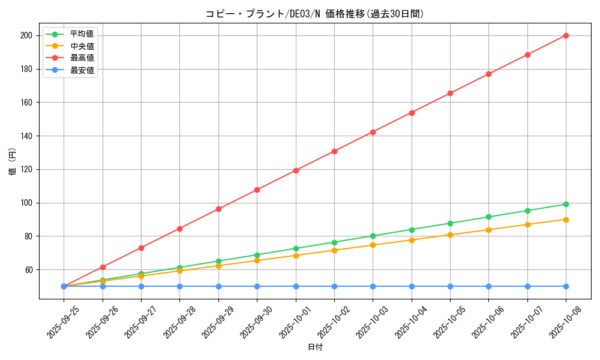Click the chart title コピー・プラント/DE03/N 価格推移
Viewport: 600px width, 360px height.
pos(315,14)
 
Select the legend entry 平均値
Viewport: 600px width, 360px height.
pos(82,34)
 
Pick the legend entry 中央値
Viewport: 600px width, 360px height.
pos(82,46)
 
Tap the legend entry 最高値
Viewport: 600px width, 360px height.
pos(82,58)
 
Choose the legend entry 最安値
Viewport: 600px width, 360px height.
pos(82,70)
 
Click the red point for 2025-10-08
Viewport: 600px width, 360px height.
pos(566,35)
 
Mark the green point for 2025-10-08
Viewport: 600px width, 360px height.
pos(566,204)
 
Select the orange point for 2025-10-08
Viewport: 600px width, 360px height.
pos(566,220)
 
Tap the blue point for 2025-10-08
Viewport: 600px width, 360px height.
pos(566,286)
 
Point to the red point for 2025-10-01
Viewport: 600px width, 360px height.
pos(296,170)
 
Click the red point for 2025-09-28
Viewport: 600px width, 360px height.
pos(179,229)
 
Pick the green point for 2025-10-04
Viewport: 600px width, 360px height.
pos(412,230)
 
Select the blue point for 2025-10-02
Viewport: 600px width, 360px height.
pos(334,286)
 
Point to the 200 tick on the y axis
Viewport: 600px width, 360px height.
pos(27,35)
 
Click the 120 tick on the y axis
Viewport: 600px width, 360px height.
pos(27,169)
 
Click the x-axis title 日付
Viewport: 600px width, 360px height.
pos(315,347)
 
